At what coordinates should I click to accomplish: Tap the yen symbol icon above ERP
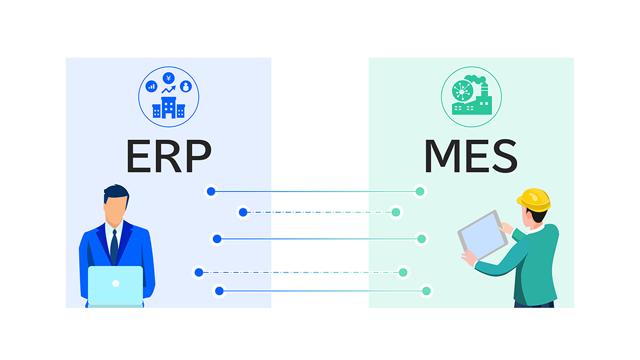click(168, 78)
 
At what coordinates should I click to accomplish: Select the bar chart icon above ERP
click(152, 86)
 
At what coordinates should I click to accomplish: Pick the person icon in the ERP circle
click(185, 86)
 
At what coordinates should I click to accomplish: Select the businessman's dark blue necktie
click(114, 245)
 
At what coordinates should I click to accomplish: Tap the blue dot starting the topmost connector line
click(211, 192)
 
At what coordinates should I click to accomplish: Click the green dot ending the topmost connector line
click(420, 192)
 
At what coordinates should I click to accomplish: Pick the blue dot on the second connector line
click(243, 212)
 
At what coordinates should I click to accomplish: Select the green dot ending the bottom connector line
click(426, 291)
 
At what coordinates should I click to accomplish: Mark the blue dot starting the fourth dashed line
click(199, 272)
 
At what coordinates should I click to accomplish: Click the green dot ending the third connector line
click(421, 239)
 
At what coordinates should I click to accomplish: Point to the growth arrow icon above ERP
click(168, 90)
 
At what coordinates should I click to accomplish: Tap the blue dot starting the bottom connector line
click(219, 291)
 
